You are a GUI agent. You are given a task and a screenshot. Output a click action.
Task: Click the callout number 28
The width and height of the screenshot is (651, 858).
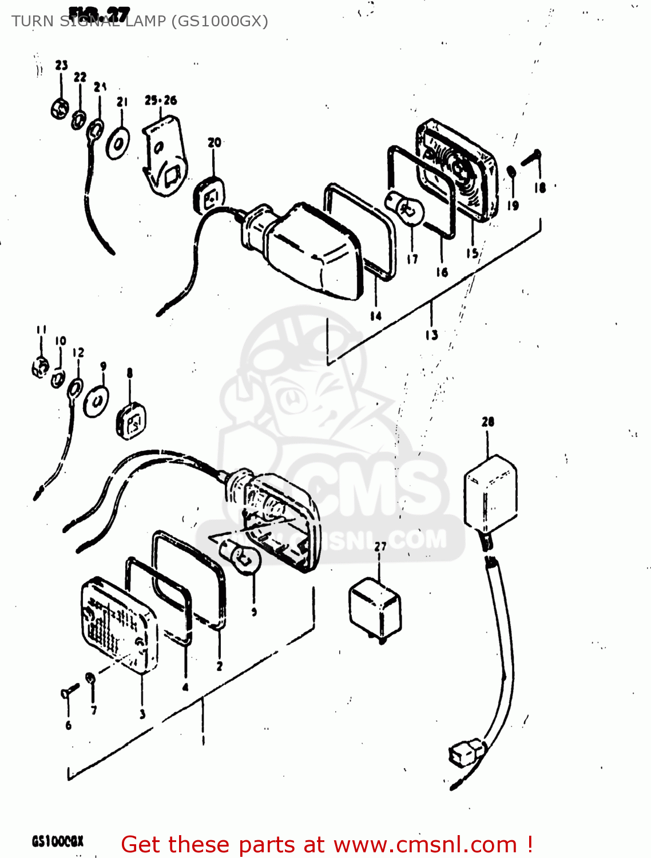coord(487,422)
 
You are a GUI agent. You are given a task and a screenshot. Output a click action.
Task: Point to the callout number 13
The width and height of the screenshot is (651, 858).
coord(431,335)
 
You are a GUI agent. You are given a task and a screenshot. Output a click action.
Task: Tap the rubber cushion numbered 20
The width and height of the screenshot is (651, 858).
coord(211,195)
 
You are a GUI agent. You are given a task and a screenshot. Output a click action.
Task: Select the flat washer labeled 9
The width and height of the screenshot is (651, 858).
coord(96,402)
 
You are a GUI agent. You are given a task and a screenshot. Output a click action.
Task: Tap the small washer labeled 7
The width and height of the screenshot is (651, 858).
coord(90,679)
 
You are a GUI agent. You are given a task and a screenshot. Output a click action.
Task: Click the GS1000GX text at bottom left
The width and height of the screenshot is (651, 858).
coord(57,841)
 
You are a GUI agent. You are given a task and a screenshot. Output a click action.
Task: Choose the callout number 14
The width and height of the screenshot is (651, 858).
coord(375,316)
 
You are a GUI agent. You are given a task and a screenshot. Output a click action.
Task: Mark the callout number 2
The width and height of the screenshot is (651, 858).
coord(219,666)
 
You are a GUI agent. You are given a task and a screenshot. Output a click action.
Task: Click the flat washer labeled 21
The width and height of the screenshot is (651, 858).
coord(118,143)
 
